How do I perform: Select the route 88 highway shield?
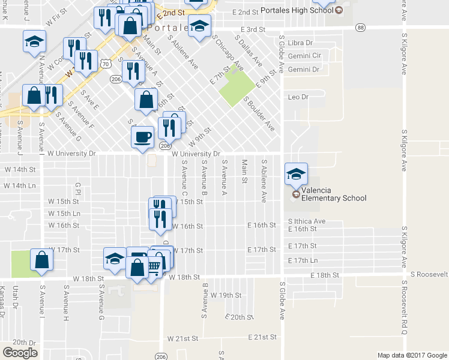(360, 28)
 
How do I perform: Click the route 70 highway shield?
(106, 62)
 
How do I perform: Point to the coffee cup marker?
(142, 137)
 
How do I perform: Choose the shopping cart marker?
(154, 265)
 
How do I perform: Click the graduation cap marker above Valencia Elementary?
(295, 175)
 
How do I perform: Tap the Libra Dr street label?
(300, 43)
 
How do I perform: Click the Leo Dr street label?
(298, 97)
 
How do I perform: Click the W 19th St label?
(225, 296)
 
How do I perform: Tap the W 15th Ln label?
(64, 214)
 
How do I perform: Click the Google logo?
(20, 353)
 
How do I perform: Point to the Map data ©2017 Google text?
(411, 355)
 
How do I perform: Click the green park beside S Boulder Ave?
(236, 88)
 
